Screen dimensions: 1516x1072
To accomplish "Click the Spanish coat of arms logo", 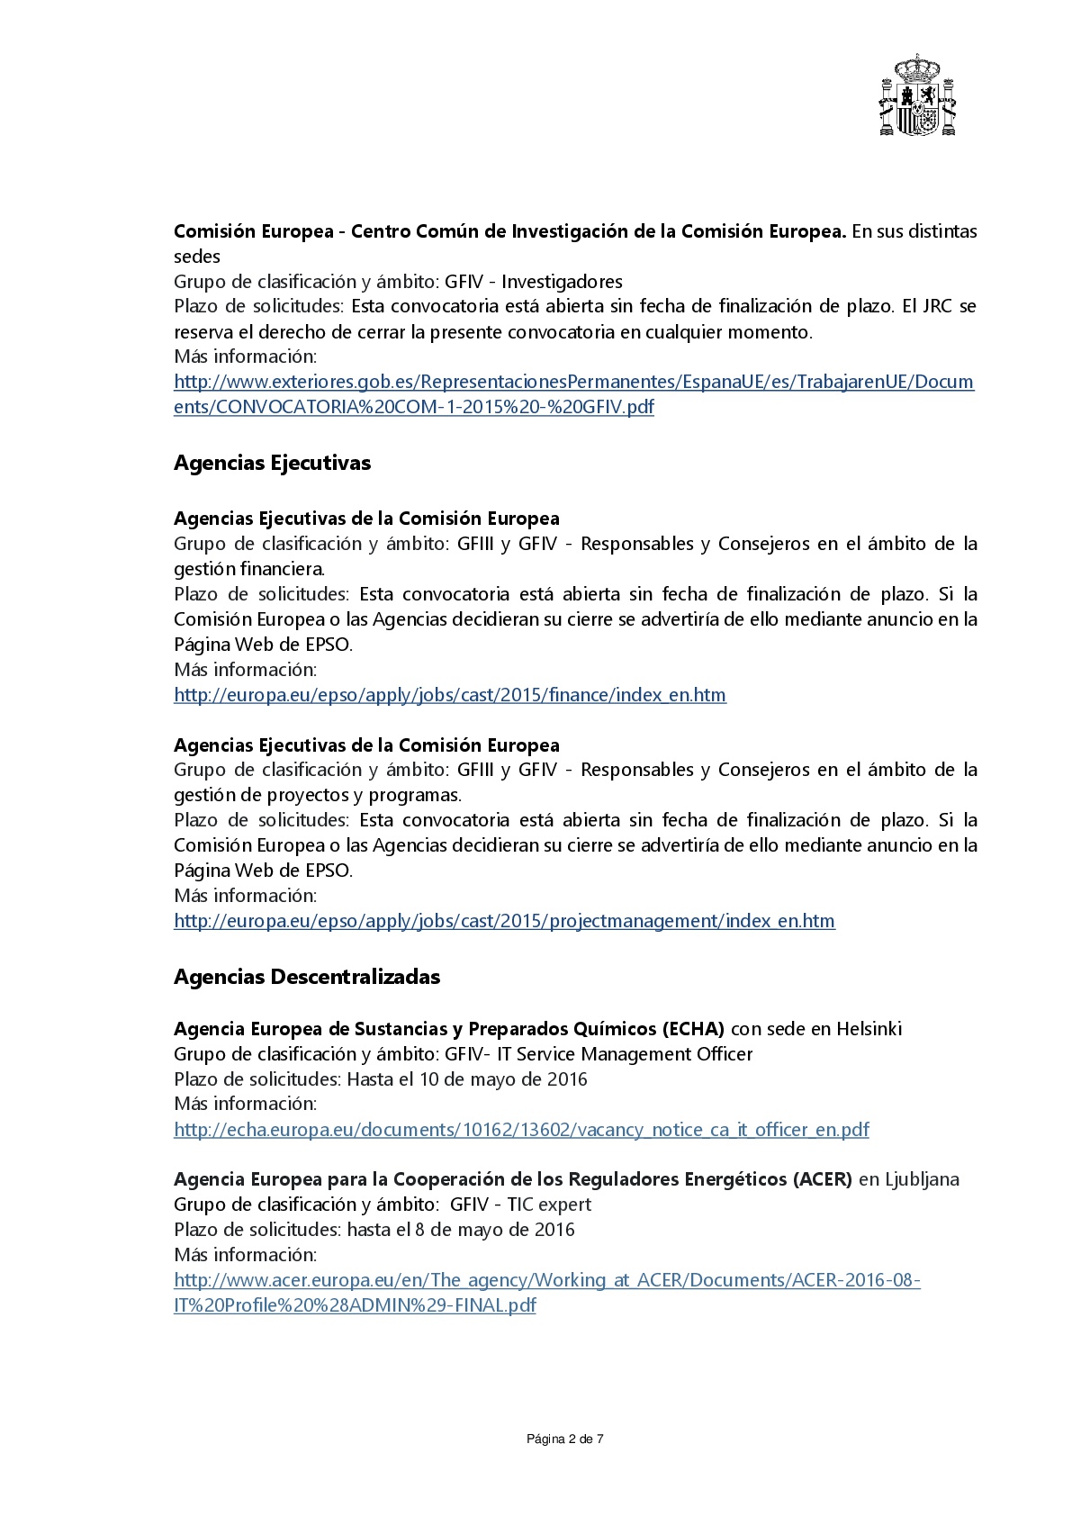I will point(916,96).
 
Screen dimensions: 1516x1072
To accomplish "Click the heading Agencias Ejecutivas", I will point(272,463).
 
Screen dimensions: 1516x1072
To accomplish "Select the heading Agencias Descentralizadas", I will point(307,977).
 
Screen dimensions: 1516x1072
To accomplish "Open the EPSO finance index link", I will point(449,695).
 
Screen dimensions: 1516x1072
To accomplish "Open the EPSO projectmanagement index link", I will point(504,921).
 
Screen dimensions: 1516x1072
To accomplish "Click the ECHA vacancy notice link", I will point(521,1130).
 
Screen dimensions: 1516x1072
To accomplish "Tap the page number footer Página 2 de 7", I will point(564,1439).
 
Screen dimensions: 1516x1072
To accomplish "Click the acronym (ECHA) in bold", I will point(693,1029).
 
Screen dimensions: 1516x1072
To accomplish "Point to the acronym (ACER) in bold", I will point(823,1179).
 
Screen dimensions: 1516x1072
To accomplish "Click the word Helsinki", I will point(869,1029).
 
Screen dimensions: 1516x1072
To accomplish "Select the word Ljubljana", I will point(922,1179).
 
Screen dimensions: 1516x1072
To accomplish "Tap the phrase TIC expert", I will point(549,1205).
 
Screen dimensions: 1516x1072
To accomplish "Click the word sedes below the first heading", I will point(197,257).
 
